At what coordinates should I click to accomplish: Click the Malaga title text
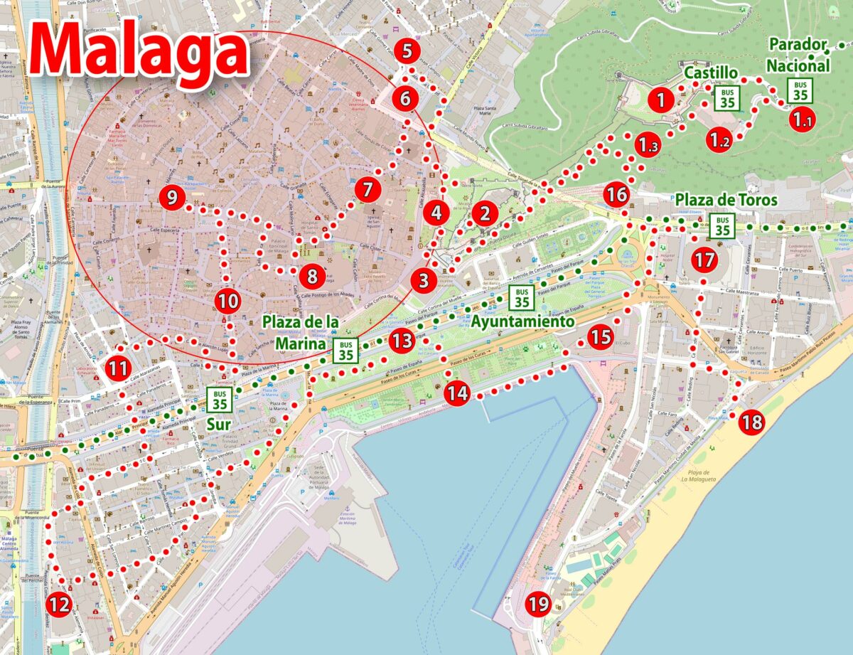pyautogui.click(x=139, y=52)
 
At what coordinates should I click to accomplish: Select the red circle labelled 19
pyautogui.click(x=539, y=605)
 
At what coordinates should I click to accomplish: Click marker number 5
pyautogui.click(x=407, y=51)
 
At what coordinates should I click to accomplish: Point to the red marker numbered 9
pyautogui.click(x=172, y=197)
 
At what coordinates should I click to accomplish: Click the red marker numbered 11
pyautogui.click(x=118, y=368)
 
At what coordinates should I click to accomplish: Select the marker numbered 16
pyautogui.click(x=617, y=194)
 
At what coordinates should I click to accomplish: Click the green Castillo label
pyautogui.click(x=710, y=73)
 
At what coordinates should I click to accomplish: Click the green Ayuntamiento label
pyautogui.click(x=522, y=321)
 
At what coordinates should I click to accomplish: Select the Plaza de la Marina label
pyautogui.click(x=301, y=332)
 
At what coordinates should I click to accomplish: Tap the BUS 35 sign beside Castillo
pyautogui.click(x=727, y=97)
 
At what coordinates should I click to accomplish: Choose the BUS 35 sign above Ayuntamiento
pyautogui.click(x=522, y=297)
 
